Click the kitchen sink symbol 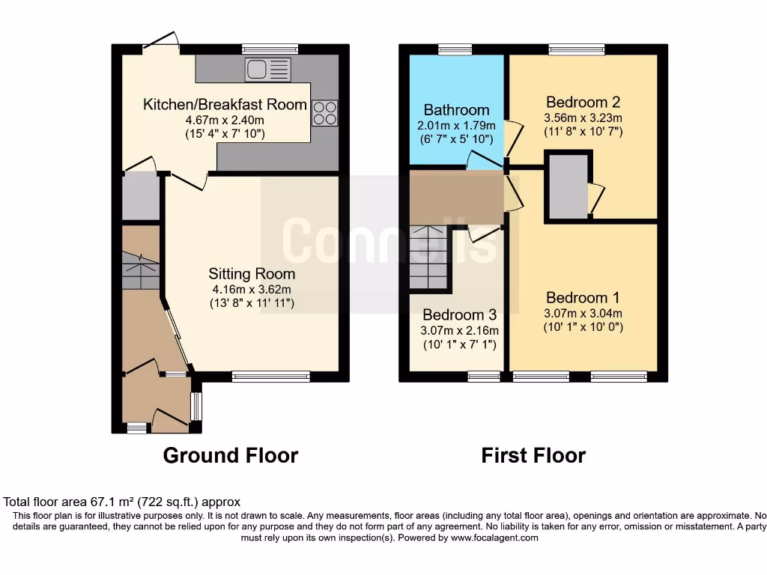point(267,70)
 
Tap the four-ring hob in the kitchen point(325,113)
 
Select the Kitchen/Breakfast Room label point(225,104)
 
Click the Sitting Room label point(252,273)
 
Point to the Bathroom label point(456,110)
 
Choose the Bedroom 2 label point(583,102)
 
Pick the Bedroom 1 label point(583,296)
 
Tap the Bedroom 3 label point(460,314)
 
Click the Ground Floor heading point(230,455)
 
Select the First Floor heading point(533,455)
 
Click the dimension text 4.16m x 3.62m point(252,289)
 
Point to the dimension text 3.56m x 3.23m point(583,118)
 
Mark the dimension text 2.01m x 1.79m point(456,125)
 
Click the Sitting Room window point(270,377)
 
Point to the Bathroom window point(455,49)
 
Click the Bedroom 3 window point(484,377)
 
